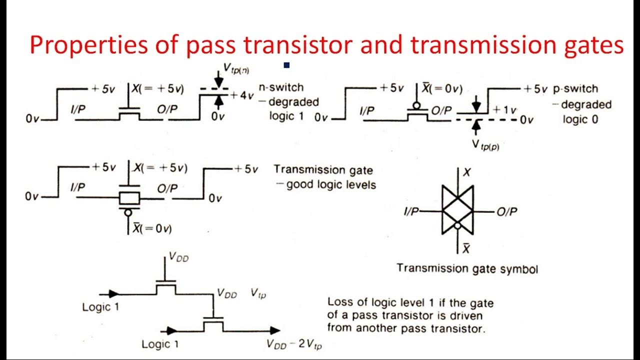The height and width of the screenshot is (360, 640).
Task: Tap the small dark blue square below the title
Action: coord(286,65)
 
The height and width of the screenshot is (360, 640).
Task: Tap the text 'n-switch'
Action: coord(280,87)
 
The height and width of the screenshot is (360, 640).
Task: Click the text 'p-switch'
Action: coord(575,89)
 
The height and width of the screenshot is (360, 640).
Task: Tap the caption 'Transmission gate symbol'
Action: coord(467,268)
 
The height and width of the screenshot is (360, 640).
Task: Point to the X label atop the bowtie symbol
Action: coord(467,172)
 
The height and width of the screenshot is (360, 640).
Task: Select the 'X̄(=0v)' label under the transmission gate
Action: coord(153,229)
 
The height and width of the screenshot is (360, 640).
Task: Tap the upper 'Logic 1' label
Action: coord(100,307)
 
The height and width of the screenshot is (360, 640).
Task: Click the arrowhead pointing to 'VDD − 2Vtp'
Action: coord(275,330)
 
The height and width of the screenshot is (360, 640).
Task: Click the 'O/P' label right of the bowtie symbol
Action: coord(506,212)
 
